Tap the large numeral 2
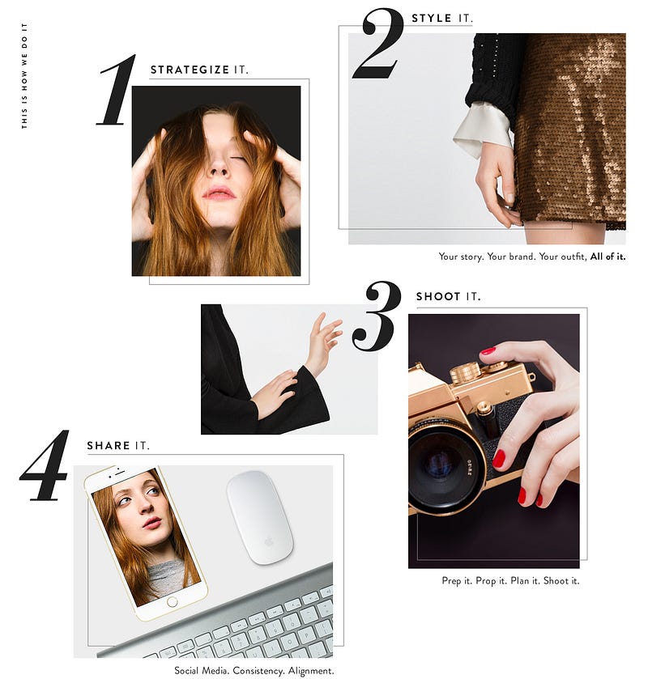point(378,44)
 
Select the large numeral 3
point(376,316)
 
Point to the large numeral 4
point(45,465)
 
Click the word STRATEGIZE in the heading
point(190,70)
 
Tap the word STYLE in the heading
point(431,18)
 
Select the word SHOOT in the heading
point(437,297)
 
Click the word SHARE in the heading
point(109,446)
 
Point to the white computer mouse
point(259,517)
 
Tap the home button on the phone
point(172,601)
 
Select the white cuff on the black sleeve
point(482,129)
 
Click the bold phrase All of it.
point(607,257)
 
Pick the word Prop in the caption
point(485,581)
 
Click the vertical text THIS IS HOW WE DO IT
point(24,76)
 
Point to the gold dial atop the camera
point(466,372)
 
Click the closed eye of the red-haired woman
point(237,159)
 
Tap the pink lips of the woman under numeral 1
point(219,193)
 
